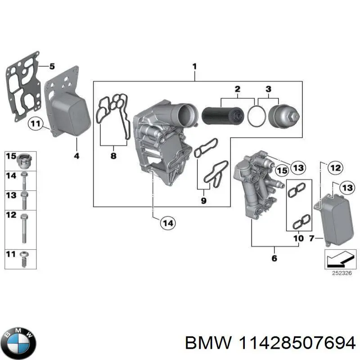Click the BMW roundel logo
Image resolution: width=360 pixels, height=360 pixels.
pyautogui.click(x=18, y=341)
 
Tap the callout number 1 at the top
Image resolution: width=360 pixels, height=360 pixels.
pyautogui.click(x=195, y=66)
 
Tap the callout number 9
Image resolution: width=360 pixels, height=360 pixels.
pyautogui.click(x=203, y=201)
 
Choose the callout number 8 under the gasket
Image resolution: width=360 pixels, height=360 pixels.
pyautogui.click(x=113, y=156)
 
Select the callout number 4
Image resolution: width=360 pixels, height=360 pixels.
pyautogui.click(x=76, y=156)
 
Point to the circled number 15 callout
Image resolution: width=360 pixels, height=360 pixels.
pyautogui.click(x=282, y=170)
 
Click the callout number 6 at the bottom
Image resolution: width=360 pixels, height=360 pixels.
pyautogui.click(x=274, y=258)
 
